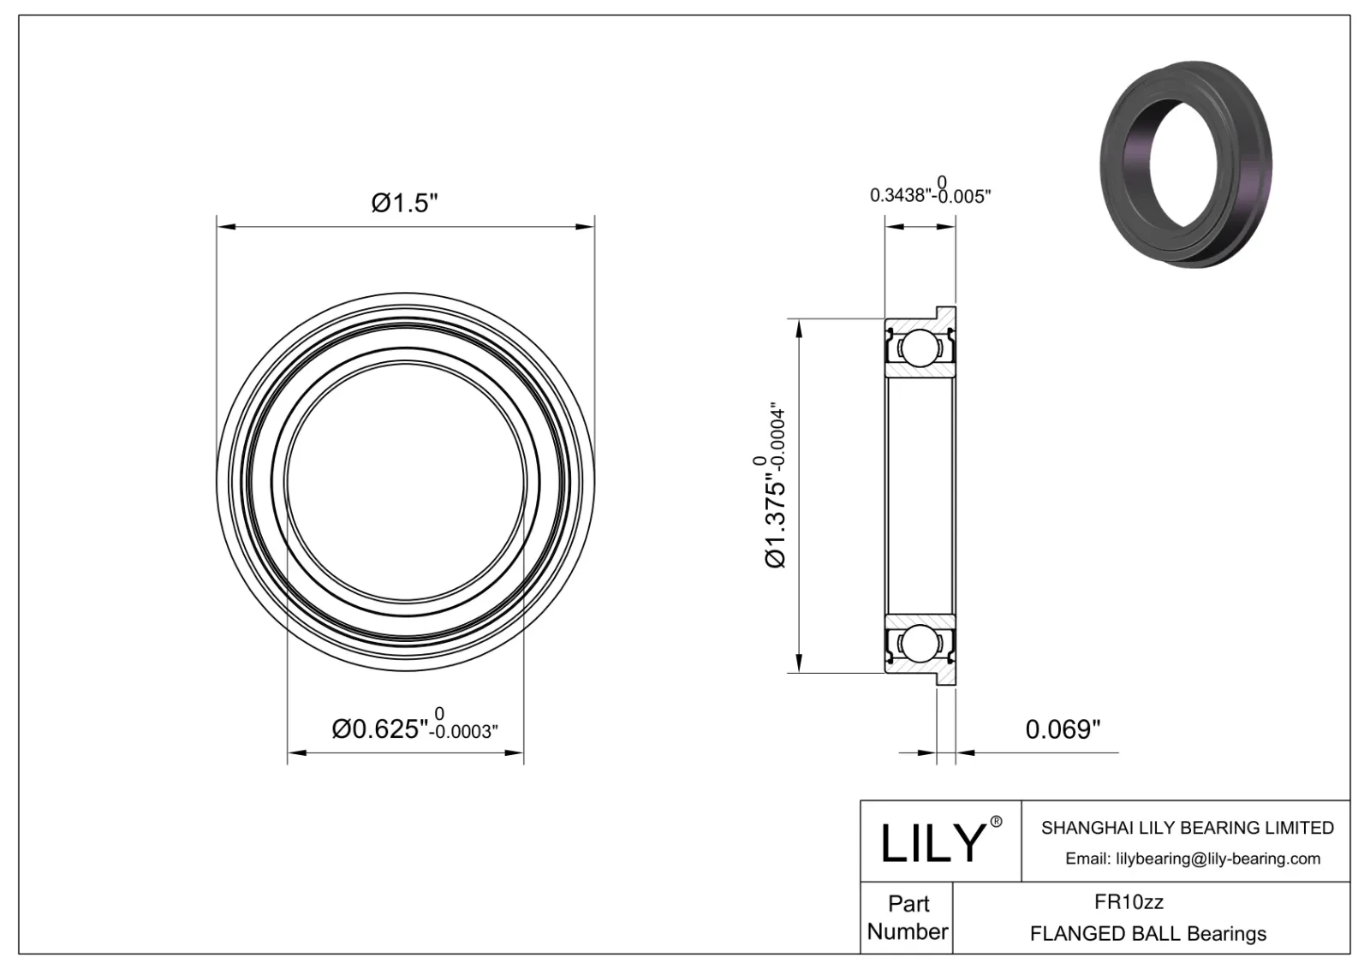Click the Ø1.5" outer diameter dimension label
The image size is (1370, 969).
(405, 204)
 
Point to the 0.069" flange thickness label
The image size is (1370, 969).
(1063, 729)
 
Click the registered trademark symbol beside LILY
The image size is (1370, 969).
(996, 822)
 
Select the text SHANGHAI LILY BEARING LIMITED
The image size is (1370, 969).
(1187, 828)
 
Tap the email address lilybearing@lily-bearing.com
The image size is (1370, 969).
(1193, 859)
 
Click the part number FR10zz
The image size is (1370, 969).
(1129, 902)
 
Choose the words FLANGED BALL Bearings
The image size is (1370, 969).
(1147, 933)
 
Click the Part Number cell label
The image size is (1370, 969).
(907, 918)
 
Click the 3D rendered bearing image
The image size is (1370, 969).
(1186, 165)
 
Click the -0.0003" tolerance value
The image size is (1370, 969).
(464, 733)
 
